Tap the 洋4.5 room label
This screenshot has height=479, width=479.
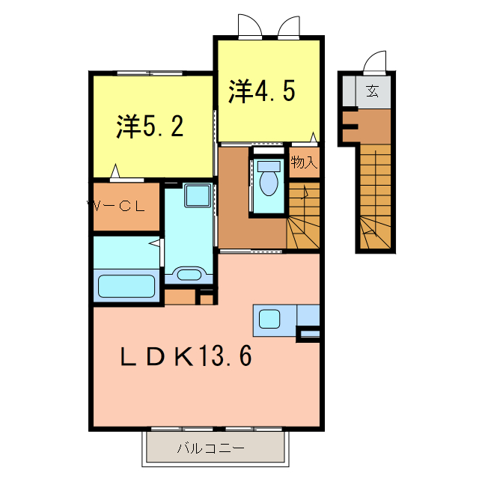click(261, 91)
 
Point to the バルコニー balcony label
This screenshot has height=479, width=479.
click(210, 449)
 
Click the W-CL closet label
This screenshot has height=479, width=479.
click(119, 207)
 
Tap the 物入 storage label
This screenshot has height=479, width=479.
click(304, 162)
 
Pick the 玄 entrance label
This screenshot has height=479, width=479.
click(371, 92)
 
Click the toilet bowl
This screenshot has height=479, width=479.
click(268, 180)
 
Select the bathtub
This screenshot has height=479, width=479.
click(126, 287)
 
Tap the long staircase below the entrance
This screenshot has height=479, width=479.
click(375, 195)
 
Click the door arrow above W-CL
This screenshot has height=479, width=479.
click(115, 172)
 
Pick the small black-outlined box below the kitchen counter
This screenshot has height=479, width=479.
click(309, 334)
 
